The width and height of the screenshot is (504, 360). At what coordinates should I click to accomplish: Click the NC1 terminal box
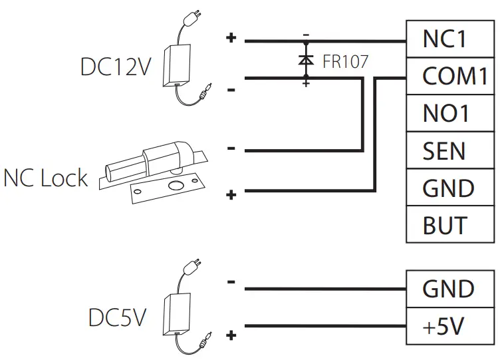click(450, 39)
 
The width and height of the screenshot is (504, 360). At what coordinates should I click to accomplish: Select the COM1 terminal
click(450, 77)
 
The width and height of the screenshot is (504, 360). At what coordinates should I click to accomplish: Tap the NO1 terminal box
click(450, 114)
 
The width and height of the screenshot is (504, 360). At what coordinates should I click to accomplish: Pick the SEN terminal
click(450, 151)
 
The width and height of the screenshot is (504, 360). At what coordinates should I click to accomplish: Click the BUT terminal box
click(450, 225)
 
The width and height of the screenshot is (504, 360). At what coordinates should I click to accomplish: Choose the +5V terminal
click(450, 326)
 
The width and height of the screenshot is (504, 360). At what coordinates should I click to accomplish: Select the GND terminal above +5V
click(450, 289)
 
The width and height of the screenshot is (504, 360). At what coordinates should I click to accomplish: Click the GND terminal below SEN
click(450, 188)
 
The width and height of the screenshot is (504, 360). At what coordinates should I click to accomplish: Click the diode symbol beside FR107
click(306, 60)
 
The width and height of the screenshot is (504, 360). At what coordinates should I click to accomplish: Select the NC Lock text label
click(45, 178)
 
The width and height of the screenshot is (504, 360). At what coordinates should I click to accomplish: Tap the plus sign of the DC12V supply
click(231, 39)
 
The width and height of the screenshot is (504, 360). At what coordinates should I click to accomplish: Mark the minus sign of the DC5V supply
click(231, 282)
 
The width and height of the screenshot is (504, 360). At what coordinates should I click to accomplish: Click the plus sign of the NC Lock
click(231, 195)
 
